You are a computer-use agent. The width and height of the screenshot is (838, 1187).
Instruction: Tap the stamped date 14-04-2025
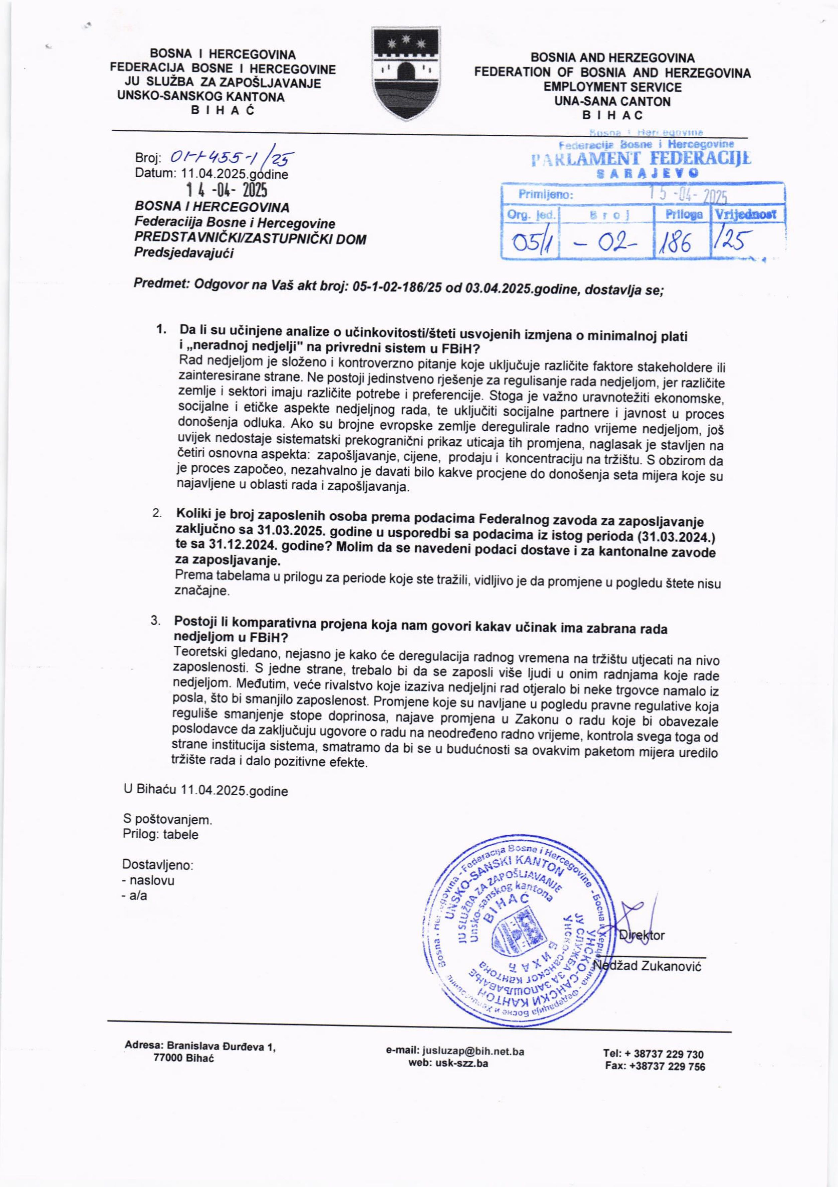point(227,191)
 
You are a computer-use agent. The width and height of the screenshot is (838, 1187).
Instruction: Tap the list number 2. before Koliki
point(157,513)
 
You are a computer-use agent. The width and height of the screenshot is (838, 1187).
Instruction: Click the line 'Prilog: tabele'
point(160,835)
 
